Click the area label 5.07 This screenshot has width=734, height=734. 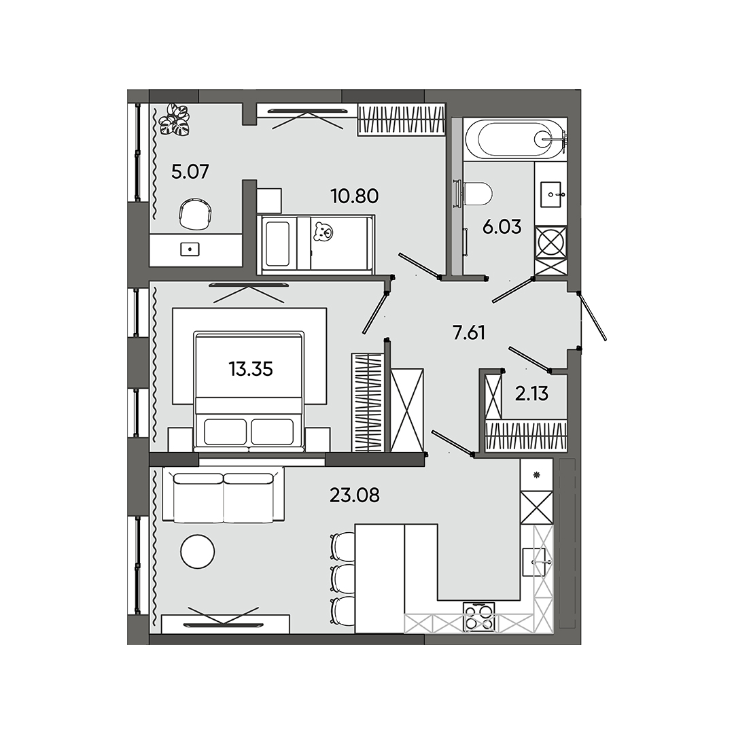pyautogui.click(x=190, y=171)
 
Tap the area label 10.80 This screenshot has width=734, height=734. pyautogui.click(x=354, y=196)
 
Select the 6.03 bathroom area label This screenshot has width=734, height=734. pyautogui.click(x=502, y=227)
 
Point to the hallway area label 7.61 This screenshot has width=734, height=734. pyautogui.click(x=469, y=332)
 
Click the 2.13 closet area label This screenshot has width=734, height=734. pyautogui.click(x=531, y=394)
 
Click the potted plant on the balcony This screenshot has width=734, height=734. pyautogui.click(x=173, y=120)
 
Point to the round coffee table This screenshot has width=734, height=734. pyautogui.click(x=198, y=551)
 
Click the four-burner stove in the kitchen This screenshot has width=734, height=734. pyautogui.click(x=478, y=618)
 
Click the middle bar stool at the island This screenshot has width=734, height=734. pyautogui.click(x=343, y=576)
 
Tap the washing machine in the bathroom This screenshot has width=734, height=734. pyautogui.click(x=550, y=243)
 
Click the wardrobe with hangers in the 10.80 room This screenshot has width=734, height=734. pyautogui.click(x=401, y=120)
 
